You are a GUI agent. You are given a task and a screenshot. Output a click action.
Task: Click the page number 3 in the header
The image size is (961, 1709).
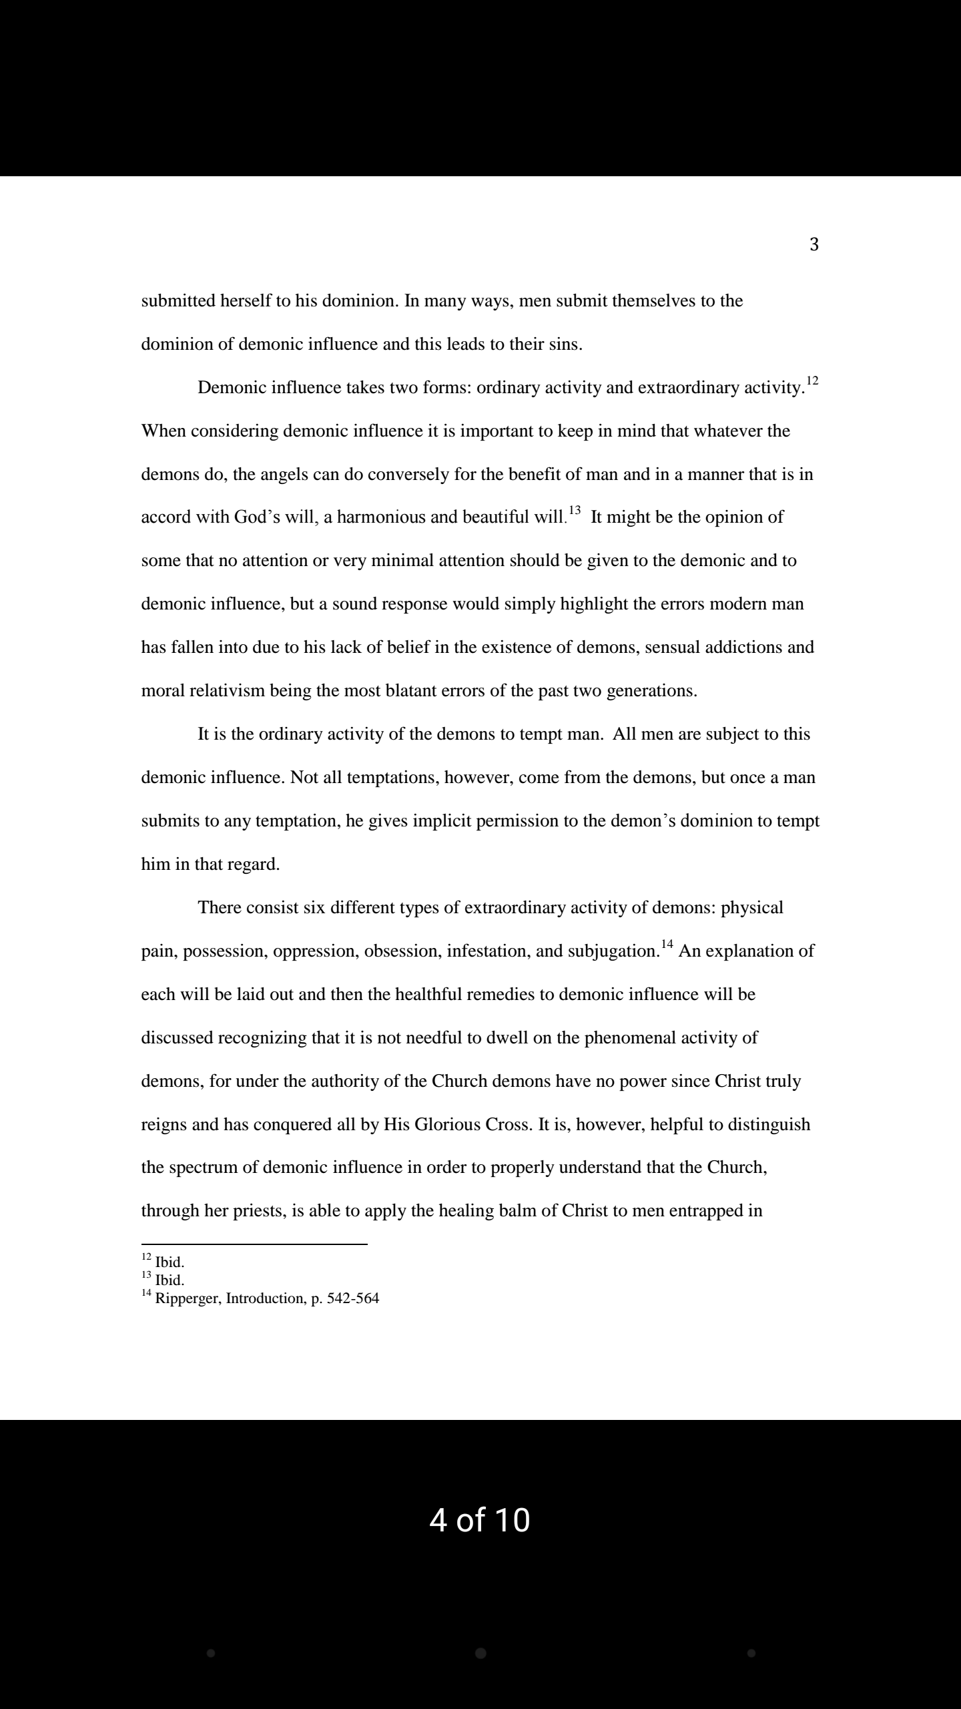click(x=814, y=245)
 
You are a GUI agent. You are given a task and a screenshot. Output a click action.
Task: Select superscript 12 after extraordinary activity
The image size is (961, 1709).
click(x=812, y=381)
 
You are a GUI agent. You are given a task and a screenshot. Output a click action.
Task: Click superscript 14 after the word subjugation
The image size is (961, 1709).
click(x=667, y=945)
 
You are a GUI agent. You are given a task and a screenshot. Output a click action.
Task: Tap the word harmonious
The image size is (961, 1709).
click(x=381, y=517)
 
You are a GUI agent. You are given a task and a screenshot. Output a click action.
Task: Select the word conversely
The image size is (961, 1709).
click(x=408, y=475)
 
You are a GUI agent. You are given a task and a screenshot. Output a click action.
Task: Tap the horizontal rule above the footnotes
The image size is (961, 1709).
click(x=254, y=1244)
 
